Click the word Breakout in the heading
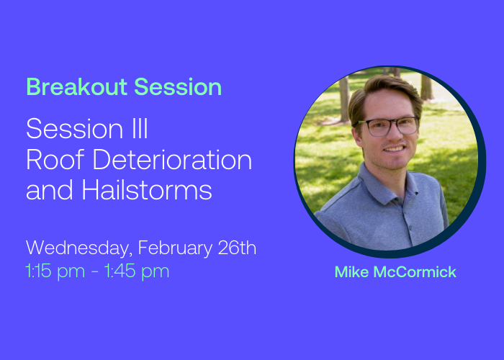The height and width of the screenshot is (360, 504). pyautogui.click(x=77, y=87)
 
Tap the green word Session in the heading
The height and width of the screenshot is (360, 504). pyautogui.click(x=178, y=87)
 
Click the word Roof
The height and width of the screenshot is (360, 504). pyautogui.click(x=55, y=159)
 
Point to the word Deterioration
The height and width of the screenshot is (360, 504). pyautogui.click(x=172, y=159)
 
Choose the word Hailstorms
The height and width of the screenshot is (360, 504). pyautogui.click(x=147, y=189)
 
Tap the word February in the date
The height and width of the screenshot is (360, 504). pyautogui.click(x=175, y=248)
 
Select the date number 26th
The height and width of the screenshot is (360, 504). pyautogui.click(x=237, y=248)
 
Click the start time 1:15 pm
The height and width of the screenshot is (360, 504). pyautogui.click(x=55, y=271)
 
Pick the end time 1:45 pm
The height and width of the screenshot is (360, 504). pyautogui.click(x=137, y=271)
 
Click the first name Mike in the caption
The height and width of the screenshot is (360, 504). pyautogui.click(x=351, y=272)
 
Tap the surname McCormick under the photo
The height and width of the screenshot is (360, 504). pyautogui.click(x=415, y=272)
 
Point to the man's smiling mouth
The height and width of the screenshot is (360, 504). pyautogui.click(x=394, y=149)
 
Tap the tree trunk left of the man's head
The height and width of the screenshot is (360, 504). pyautogui.click(x=344, y=99)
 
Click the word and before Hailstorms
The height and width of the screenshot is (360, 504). pyautogui.click(x=50, y=189)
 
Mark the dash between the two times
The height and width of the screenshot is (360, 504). pyautogui.click(x=95, y=271)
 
